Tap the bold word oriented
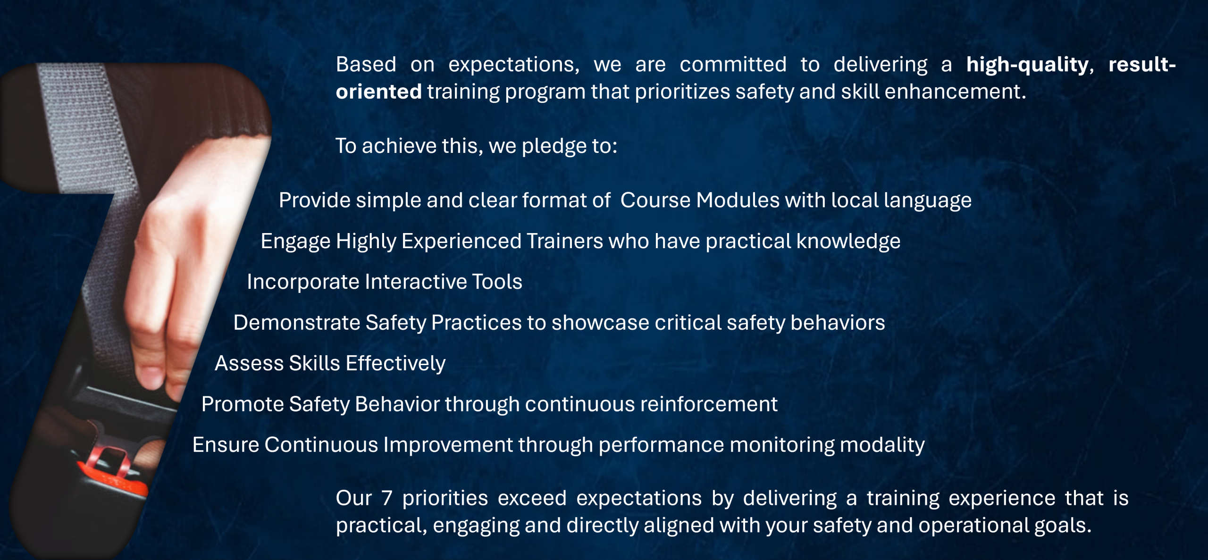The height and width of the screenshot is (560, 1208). pyautogui.click(x=378, y=92)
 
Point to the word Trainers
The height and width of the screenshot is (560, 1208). pyautogui.click(x=564, y=241)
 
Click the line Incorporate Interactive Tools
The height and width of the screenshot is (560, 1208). pyautogui.click(x=385, y=282)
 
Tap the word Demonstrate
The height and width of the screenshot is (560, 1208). pyautogui.click(x=297, y=323)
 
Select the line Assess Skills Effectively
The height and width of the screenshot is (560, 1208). pyautogui.click(x=330, y=363)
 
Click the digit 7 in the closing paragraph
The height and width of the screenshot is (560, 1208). pyautogui.click(x=387, y=498)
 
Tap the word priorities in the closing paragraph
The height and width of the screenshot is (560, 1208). pyautogui.click(x=445, y=499)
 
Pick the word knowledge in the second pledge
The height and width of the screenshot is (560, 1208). pyautogui.click(x=848, y=242)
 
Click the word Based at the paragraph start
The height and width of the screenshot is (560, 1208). pyautogui.click(x=366, y=65)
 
